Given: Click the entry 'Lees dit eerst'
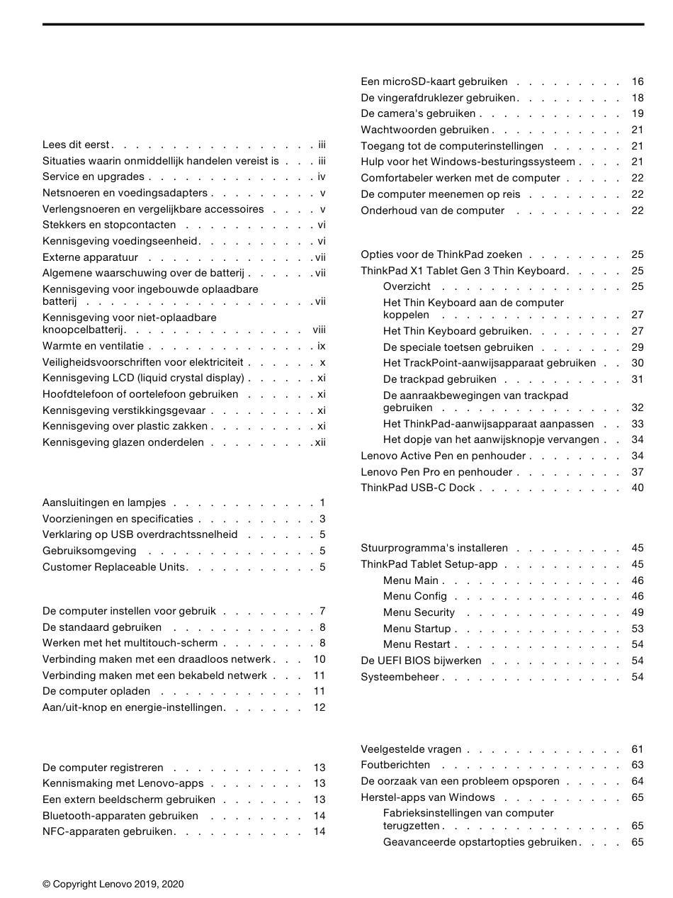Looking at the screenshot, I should pyautogui.click(x=77, y=145).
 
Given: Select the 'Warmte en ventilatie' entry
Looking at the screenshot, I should pyautogui.click(x=93, y=346).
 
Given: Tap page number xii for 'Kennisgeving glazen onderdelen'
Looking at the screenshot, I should pyautogui.click(x=320, y=442).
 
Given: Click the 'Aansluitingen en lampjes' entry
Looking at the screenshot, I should pyautogui.click(x=104, y=503).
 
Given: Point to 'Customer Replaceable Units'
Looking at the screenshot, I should pyautogui.click(x=113, y=567).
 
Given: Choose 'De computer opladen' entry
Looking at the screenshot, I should pyautogui.click(x=96, y=691).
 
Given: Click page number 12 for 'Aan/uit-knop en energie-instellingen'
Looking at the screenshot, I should pyautogui.click(x=319, y=707).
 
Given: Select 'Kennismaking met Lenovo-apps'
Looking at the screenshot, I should pyautogui.click(x=123, y=783).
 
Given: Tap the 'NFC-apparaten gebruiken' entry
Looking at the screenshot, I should pyautogui.click(x=108, y=831).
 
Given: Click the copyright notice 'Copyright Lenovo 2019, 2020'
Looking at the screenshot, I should pyautogui.click(x=113, y=884).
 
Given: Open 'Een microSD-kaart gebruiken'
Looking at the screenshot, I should pyautogui.click(x=434, y=82).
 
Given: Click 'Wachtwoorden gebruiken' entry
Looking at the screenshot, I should pyautogui.click(x=425, y=130).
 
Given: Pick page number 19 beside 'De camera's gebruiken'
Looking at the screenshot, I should pyautogui.click(x=638, y=113).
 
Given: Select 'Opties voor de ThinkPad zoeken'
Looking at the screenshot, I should pyautogui.click(x=441, y=254).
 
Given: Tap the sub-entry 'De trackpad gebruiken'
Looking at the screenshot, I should pyautogui.click(x=439, y=379).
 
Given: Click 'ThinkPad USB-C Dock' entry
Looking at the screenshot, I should pyautogui.click(x=417, y=488).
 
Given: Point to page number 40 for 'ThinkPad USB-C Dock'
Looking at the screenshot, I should pyautogui.click(x=638, y=488).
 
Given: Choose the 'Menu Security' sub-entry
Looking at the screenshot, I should pyautogui.click(x=419, y=612).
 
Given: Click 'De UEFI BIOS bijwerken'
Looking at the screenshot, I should pyautogui.click(x=421, y=661).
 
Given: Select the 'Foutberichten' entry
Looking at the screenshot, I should pyautogui.click(x=395, y=765).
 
